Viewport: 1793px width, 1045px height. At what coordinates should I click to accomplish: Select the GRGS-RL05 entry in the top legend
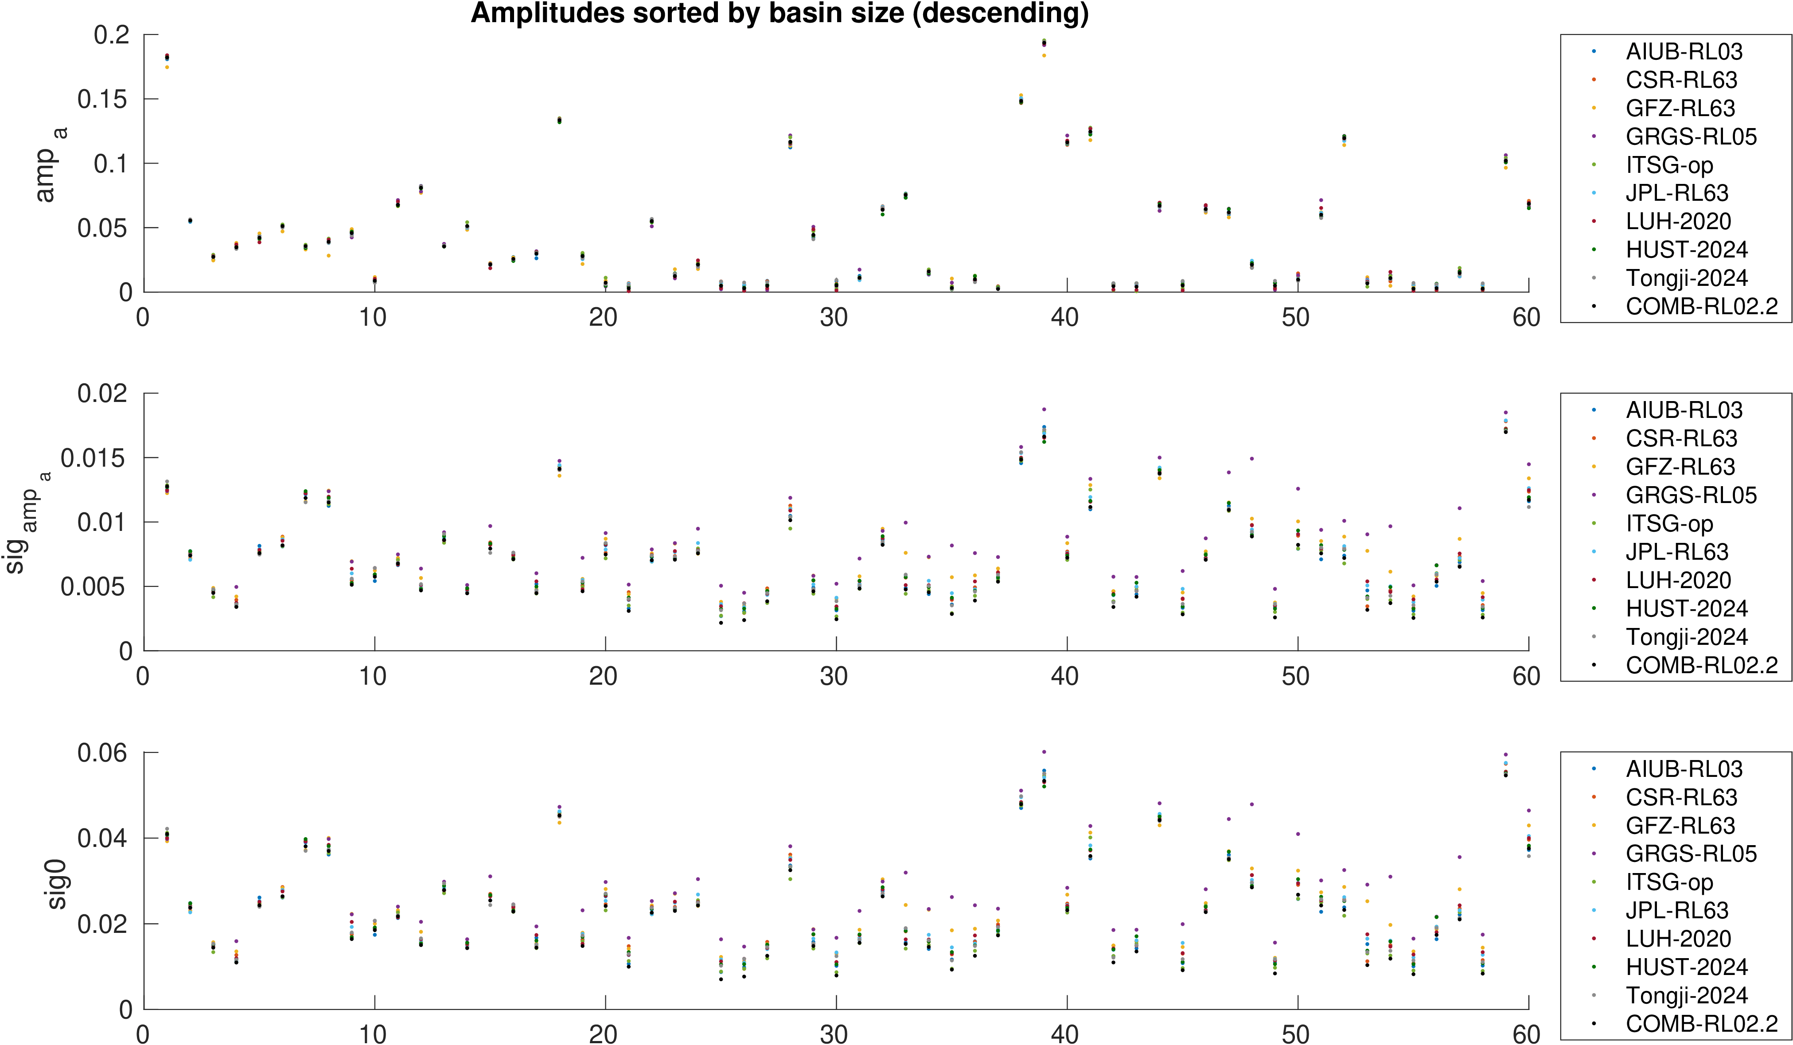[1691, 136]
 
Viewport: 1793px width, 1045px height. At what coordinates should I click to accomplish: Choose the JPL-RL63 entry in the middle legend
[1676, 552]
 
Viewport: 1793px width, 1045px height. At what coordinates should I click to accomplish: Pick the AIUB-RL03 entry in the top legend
[1684, 52]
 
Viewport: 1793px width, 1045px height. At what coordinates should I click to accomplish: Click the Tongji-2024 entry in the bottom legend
[1686, 995]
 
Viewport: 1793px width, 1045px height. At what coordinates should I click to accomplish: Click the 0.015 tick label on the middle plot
[93, 458]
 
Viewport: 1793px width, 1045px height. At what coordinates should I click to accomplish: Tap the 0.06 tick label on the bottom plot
[102, 753]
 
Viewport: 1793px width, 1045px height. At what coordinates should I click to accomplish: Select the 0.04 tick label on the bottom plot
[102, 838]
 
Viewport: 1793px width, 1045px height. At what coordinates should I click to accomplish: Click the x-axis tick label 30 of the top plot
[834, 317]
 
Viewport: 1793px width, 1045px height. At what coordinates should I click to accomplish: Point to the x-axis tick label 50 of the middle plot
[1296, 676]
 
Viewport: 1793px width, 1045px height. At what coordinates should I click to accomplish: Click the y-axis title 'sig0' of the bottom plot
[56, 884]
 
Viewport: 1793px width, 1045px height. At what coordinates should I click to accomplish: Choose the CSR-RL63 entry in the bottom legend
[1680, 797]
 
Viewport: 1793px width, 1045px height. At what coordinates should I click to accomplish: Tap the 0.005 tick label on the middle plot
[93, 587]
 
